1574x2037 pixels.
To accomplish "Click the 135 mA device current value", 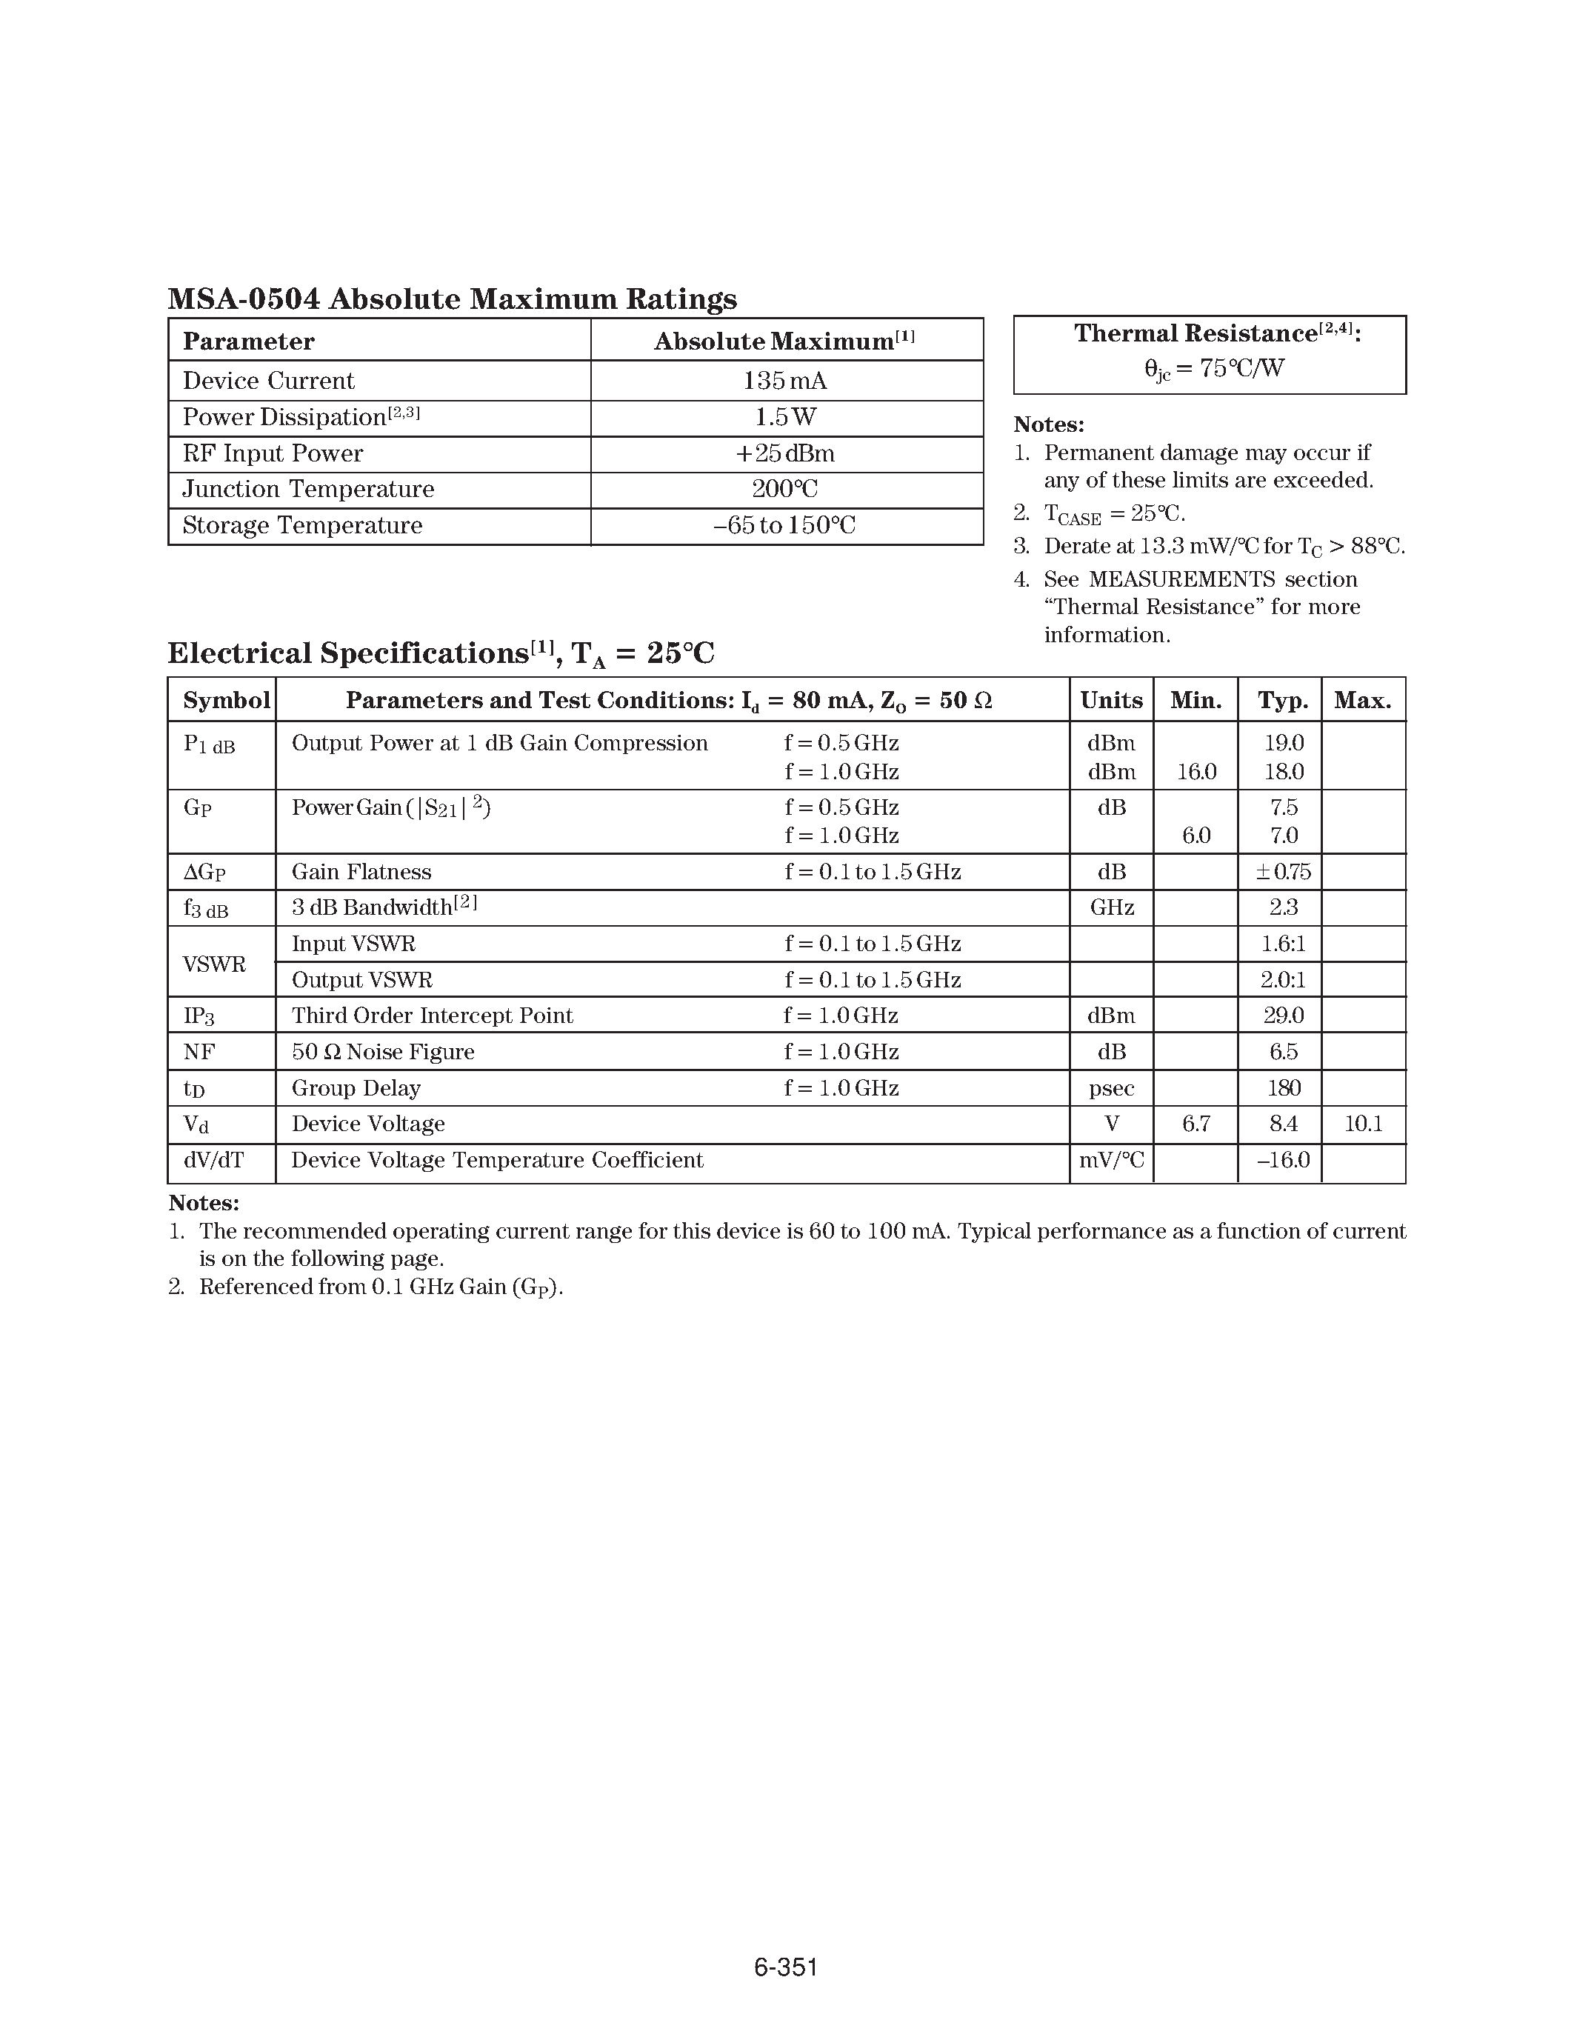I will coord(785,381).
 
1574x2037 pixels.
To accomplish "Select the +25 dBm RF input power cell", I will coord(785,453).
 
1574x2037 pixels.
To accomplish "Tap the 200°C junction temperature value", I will coord(785,489).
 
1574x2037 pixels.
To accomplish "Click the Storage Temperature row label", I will coord(302,525).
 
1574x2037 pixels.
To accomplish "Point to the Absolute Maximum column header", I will coord(783,341).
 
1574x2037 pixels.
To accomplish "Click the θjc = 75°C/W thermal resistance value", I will coord(1214,368).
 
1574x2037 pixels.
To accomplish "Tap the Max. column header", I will coord(1363,701).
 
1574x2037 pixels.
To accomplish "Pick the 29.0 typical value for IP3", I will coord(1284,1016).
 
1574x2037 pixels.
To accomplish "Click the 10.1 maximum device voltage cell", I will coord(1363,1124).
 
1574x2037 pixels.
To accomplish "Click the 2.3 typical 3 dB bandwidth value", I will coord(1284,907).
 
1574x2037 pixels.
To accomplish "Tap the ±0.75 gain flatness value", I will coord(1283,872).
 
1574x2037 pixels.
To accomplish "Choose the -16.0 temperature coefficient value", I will coord(1283,1160).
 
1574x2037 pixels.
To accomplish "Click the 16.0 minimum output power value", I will coord(1196,773).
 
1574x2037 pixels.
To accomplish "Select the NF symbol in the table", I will coord(199,1052).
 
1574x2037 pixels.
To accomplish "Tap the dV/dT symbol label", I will coord(213,1160).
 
